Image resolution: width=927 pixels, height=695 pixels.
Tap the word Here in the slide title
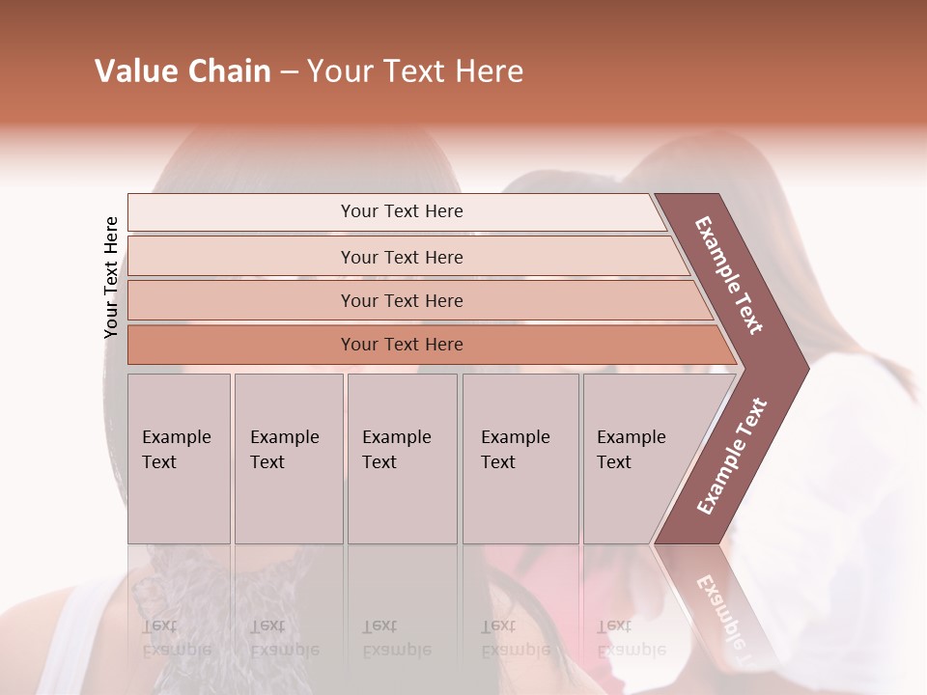489,71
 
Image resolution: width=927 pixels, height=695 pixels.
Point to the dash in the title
289,72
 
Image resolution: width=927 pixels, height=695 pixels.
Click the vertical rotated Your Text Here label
112,277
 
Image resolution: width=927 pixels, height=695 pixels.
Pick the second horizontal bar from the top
402,257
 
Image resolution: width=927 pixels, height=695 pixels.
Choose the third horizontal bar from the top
402,300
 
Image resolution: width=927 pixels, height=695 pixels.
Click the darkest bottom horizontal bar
402,345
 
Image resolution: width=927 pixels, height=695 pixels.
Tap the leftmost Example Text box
179,459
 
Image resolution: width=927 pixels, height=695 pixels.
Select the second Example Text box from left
288,459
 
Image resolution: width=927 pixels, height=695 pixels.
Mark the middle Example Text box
402,459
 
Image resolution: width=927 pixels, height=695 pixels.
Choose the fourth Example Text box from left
520,459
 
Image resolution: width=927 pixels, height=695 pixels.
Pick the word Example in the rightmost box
632,437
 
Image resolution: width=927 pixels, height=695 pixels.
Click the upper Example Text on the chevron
729,275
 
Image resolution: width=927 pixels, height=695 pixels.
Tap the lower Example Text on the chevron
732,456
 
